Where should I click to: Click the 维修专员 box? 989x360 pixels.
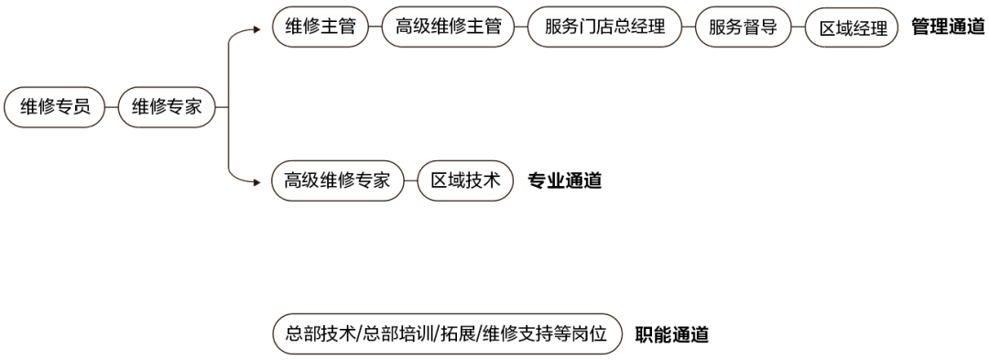pos(55,107)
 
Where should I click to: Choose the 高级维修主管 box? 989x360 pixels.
pos(449,27)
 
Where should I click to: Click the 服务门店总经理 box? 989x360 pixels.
pos(605,27)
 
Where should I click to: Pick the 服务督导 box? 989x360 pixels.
pos(743,27)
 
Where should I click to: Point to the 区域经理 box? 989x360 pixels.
pos(852,28)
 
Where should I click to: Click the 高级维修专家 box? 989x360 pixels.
pos(338,181)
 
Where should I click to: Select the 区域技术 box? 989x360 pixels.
pos(465,181)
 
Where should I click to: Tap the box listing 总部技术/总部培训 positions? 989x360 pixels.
pos(448,335)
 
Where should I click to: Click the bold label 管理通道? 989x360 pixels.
pos(948,27)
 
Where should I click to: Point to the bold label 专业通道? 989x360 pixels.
pos(565,181)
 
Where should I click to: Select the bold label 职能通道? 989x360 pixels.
pos(672,335)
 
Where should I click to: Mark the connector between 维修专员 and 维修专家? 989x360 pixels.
pos(112,107)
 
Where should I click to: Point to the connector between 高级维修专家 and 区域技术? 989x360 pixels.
pos(410,181)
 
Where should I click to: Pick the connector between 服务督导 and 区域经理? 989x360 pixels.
pos(798,28)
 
